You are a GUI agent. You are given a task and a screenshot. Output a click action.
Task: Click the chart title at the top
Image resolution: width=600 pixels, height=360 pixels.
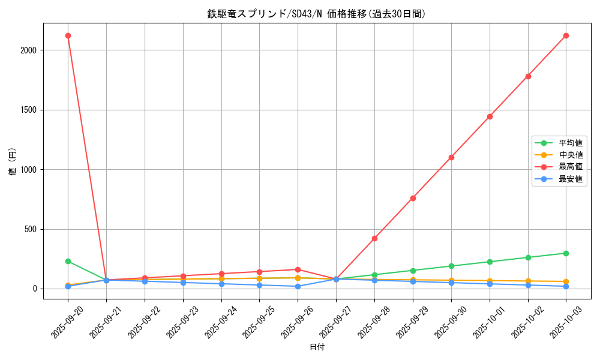click(x=316, y=14)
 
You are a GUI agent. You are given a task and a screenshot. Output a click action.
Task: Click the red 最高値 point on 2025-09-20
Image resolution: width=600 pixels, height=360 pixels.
click(x=68, y=35)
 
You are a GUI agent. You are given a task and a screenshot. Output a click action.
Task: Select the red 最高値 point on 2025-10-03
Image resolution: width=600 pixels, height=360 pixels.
click(x=566, y=35)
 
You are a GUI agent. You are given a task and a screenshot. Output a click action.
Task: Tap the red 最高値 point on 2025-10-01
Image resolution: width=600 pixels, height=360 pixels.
click(x=490, y=116)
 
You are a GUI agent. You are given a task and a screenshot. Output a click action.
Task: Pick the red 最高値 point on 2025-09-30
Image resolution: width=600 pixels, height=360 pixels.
click(x=451, y=157)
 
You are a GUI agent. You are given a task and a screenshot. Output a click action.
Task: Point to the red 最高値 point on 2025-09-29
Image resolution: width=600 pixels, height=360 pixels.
click(x=413, y=198)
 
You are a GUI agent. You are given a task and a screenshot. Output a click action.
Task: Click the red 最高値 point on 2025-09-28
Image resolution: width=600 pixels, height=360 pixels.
click(x=374, y=238)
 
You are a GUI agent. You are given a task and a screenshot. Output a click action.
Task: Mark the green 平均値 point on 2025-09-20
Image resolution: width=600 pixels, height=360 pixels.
click(x=68, y=261)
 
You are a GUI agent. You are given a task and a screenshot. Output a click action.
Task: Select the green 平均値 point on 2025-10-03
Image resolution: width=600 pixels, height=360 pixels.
click(x=566, y=253)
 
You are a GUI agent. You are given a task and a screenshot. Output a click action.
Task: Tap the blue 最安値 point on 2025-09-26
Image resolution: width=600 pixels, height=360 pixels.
click(x=298, y=286)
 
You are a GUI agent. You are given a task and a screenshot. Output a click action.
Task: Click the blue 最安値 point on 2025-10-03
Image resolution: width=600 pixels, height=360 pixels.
click(x=566, y=286)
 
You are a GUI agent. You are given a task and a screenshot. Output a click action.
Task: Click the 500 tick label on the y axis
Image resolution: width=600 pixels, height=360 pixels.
click(x=30, y=229)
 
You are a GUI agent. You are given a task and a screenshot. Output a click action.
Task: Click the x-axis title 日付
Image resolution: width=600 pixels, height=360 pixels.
click(x=316, y=347)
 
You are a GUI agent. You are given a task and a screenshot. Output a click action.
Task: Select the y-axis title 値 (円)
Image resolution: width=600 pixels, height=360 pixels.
click(x=13, y=161)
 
